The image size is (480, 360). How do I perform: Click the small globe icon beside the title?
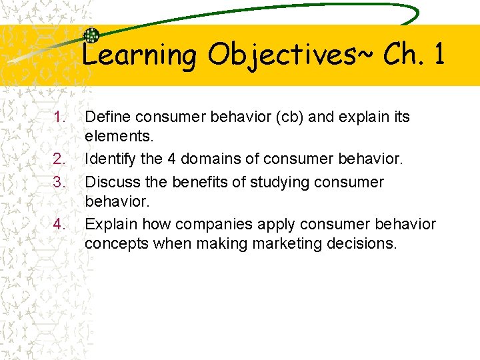(91, 37)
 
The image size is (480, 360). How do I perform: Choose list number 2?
(60, 160)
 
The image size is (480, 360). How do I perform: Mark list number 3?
(60, 181)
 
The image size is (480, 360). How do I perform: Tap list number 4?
(60, 224)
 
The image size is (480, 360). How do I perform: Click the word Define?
(108, 117)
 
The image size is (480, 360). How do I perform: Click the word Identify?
(111, 160)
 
